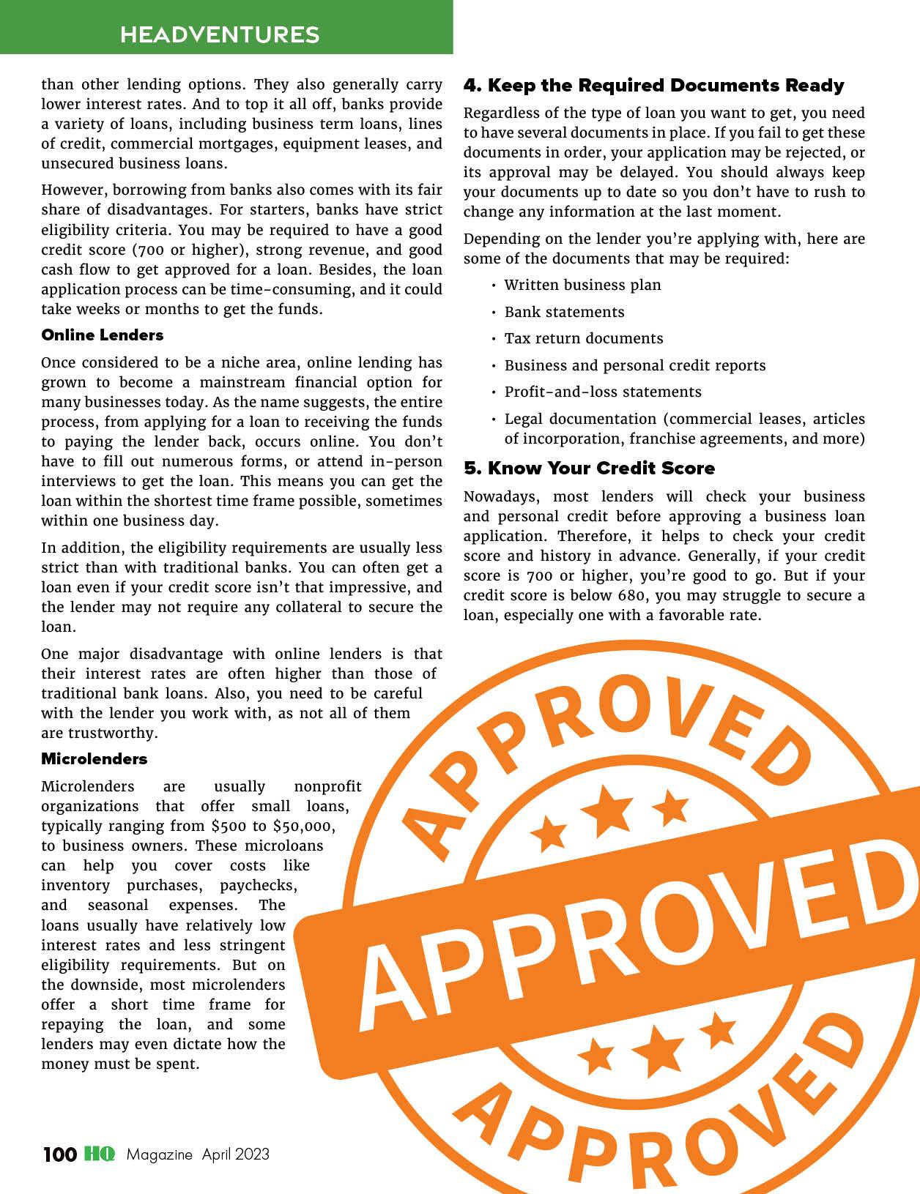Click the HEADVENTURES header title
[220, 34]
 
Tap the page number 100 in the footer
[59, 1154]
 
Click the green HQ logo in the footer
[100, 1154]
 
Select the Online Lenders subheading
[102, 335]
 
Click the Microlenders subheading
[94, 759]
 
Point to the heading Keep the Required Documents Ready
[653, 86]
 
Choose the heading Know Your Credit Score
[589, 469]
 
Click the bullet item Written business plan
[582, 286]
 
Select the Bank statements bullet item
[564, 313]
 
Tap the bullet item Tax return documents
[584, 339]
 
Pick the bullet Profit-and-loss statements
[603, 392]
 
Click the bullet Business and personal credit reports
[635, 366]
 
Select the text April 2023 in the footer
[236, 1154]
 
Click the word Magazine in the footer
[159, 1154]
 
